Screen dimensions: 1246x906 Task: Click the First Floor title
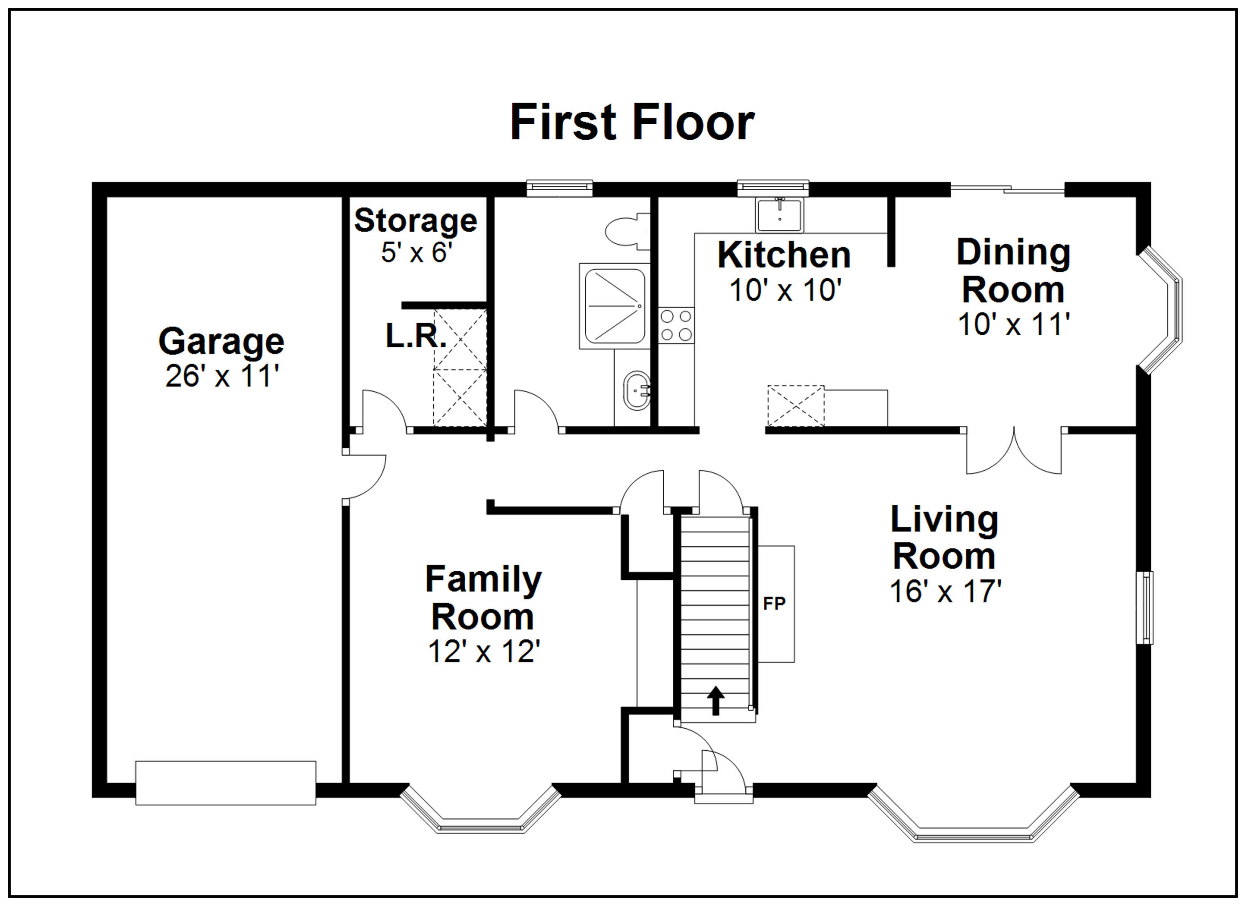tap(632, 122)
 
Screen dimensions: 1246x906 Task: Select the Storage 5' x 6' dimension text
tap(417, 252)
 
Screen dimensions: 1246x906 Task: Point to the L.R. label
tap(415, 336)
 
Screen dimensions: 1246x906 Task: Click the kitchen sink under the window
tap(779, 215)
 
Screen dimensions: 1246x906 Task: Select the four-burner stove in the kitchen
tap(676, 325)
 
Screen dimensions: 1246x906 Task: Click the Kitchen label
tap(784, 255)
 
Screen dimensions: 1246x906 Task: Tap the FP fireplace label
tap(775, 604)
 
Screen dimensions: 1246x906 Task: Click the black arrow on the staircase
tap(715, 700)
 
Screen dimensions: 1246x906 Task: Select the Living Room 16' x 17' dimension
tap(945, 592)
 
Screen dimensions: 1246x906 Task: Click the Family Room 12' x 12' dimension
tap(484, 652)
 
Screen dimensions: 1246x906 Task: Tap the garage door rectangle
tap(226, 783)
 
